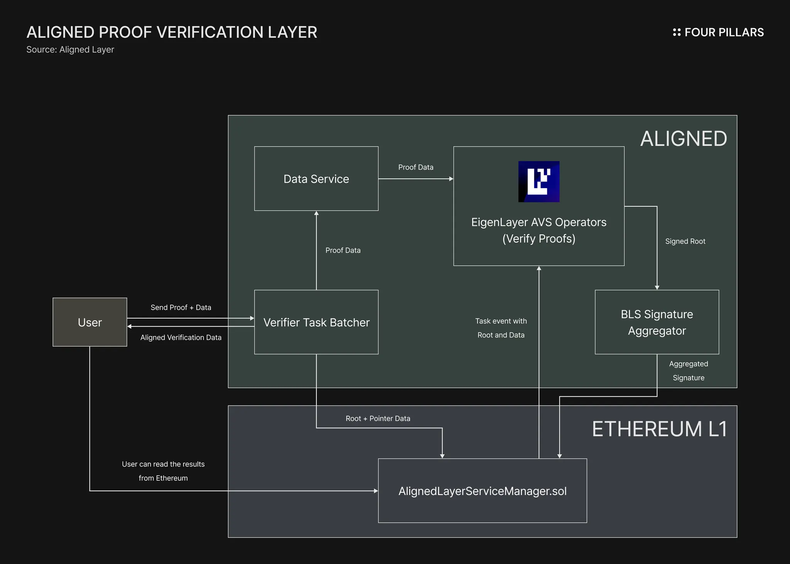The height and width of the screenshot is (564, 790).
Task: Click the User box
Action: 89,322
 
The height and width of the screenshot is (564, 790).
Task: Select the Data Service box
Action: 316,178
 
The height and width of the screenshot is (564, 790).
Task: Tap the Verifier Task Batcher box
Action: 316,322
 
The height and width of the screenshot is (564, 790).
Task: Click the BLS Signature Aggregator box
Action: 657,322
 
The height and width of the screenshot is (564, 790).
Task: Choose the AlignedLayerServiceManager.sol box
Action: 482,491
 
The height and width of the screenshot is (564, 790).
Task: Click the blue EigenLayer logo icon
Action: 538,182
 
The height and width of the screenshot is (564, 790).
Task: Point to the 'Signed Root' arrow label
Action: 685,241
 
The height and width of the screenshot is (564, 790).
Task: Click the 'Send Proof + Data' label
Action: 181,307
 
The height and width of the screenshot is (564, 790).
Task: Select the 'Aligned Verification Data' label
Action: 181,337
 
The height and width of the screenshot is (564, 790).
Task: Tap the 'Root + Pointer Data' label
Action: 378,418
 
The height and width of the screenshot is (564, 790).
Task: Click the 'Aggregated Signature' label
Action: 689,370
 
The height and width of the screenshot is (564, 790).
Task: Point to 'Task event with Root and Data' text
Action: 501,328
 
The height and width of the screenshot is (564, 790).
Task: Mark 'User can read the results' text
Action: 163,464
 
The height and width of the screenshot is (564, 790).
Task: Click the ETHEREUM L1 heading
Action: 659,429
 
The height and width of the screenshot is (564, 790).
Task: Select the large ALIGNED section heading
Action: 684,138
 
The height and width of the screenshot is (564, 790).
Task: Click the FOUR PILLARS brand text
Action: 724,32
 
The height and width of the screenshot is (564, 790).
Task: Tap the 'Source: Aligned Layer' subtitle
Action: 70,50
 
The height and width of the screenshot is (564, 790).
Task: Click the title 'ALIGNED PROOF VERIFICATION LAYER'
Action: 172,32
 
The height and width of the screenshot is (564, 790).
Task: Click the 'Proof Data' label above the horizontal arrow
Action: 415,167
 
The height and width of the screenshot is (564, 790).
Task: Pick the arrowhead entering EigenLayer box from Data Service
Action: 451,178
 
